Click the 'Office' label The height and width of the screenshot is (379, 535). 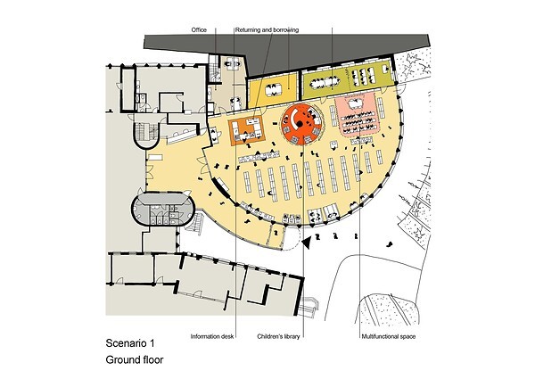click(x=199, y=30)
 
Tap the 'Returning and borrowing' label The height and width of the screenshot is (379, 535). click(x=267, y=30)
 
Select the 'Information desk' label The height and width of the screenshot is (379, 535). click(x=212, y=337)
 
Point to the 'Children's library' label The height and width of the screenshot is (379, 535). click(x=278, y=337)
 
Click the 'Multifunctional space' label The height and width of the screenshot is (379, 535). click(x=389, y=337)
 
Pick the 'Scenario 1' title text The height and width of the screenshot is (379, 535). click(x=130, y=343)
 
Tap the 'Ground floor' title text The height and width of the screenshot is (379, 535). click(x=135, y=360)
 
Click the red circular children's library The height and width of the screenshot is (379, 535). click(x=301, y=124)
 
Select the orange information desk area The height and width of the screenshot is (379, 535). click(x=247, y=130)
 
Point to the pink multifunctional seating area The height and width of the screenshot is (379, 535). click(x=357, y=117)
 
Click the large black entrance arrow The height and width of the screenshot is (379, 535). click(x=307, y=242)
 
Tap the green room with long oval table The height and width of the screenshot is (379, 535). click(x=346, y=79)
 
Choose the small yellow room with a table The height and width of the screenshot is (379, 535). click(x=271, y=90)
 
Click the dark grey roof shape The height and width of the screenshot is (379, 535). click(x=286, y=51)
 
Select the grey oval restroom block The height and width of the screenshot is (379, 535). click(x=163, y=209)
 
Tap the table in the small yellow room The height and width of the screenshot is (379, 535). click(x=274, y=89)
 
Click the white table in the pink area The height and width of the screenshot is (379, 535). click(x=356, y=102)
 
